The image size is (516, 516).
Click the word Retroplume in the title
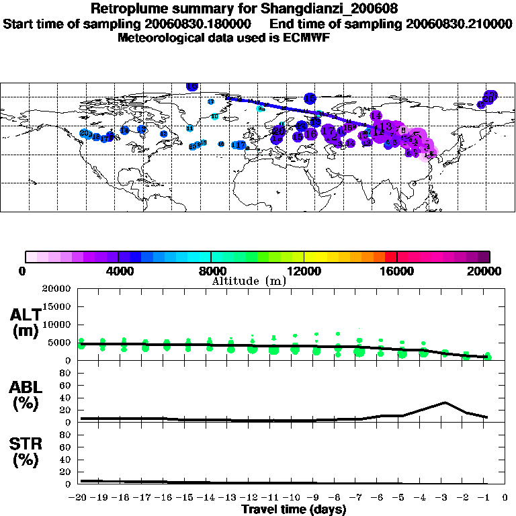(x=127, y=9)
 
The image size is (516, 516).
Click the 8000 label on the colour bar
(x=211, y=271)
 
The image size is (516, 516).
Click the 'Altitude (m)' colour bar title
(x=249, y=281)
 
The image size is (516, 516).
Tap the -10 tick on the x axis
(x=294, y=498)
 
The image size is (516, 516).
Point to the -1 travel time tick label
(x=486, y=498)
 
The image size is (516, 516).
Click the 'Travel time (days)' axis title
(x=294, y=510)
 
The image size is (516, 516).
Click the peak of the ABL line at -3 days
(x=444, y=402)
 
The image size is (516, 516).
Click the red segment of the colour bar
(x=391, y=256)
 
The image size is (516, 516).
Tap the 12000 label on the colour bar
(x=304, y=271)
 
